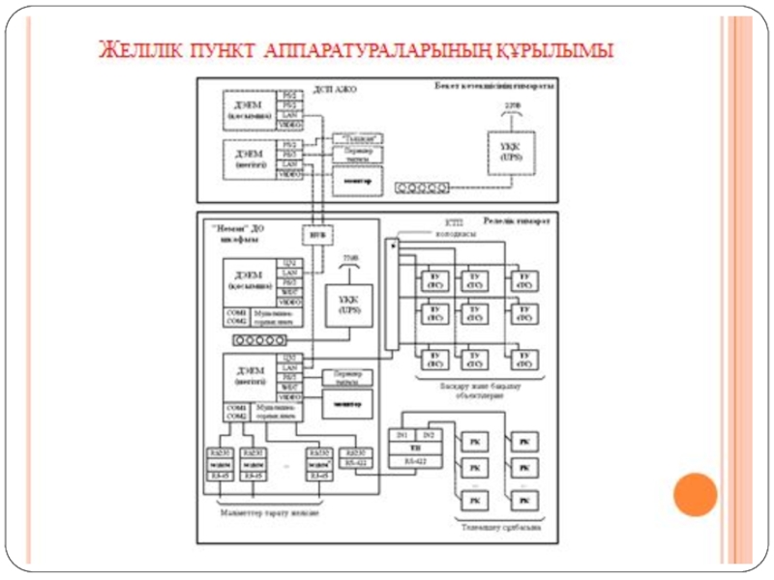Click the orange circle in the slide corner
pyautogui.click(x=695, y=495)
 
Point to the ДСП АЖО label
pyautogui.click(x=339, y=89)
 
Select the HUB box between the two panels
pyautogui.click(x=313, y=233)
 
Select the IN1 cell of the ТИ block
pyautogui.click(x=402, y=436)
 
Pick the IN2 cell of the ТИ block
pyautogui.click(x=430, y=436)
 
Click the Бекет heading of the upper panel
pyautogui.click(x=492, y=87)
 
